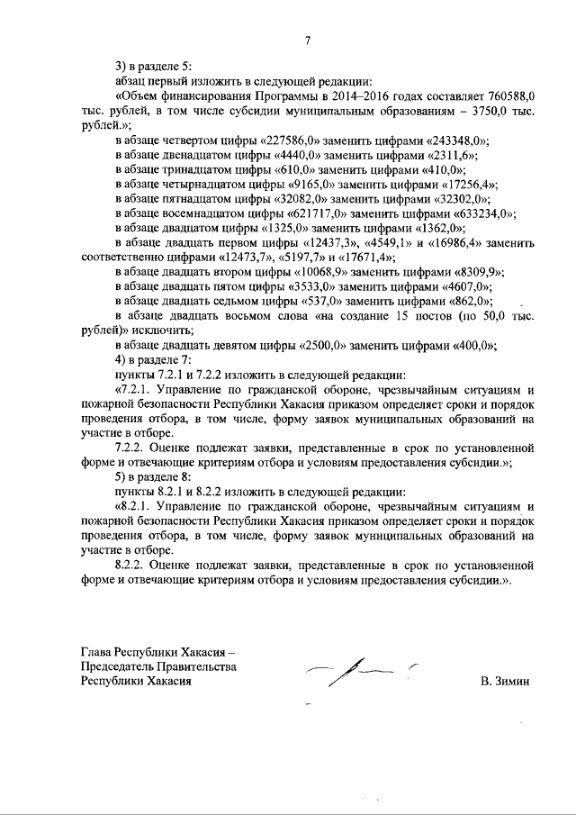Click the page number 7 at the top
(x=307, y=41)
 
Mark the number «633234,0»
(x=479, y=213)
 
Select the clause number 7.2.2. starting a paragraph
(x=130, y=448)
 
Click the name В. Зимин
(x=505, y=682)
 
